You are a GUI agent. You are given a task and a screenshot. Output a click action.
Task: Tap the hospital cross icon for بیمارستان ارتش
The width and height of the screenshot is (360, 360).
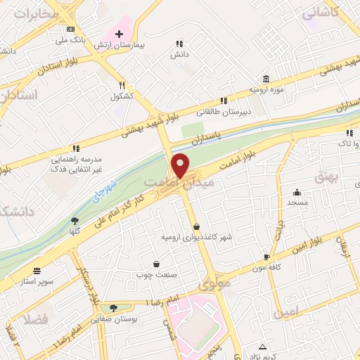pos(119,33)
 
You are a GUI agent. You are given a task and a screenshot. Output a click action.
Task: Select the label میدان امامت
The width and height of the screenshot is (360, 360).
pos(168,184)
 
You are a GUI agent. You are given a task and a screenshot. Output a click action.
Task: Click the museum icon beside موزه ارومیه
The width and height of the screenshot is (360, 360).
pos(265,79)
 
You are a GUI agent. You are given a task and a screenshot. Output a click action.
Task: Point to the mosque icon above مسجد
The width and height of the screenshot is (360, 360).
pos(297,192)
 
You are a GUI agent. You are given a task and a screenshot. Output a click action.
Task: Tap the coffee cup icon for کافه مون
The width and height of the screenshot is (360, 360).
pos(266,257)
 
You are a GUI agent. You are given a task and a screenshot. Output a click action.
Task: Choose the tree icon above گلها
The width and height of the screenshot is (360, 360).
pos(75,221)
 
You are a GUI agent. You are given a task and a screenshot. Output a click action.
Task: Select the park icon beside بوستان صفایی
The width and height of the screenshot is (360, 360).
pos(114,307)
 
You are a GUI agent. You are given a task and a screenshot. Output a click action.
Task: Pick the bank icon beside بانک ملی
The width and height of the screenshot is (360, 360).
pos(70,30)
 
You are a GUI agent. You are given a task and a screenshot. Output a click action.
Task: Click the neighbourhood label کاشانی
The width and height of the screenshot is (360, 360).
pos(321,12)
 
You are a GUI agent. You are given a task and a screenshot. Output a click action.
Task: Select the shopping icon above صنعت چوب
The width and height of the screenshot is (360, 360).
pos(155,264)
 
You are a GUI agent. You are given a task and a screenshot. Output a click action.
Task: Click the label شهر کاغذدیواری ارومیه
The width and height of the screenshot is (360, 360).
pos(198,237)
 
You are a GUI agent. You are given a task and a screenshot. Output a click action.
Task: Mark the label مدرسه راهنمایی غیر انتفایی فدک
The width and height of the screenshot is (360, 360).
pos(77,160)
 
